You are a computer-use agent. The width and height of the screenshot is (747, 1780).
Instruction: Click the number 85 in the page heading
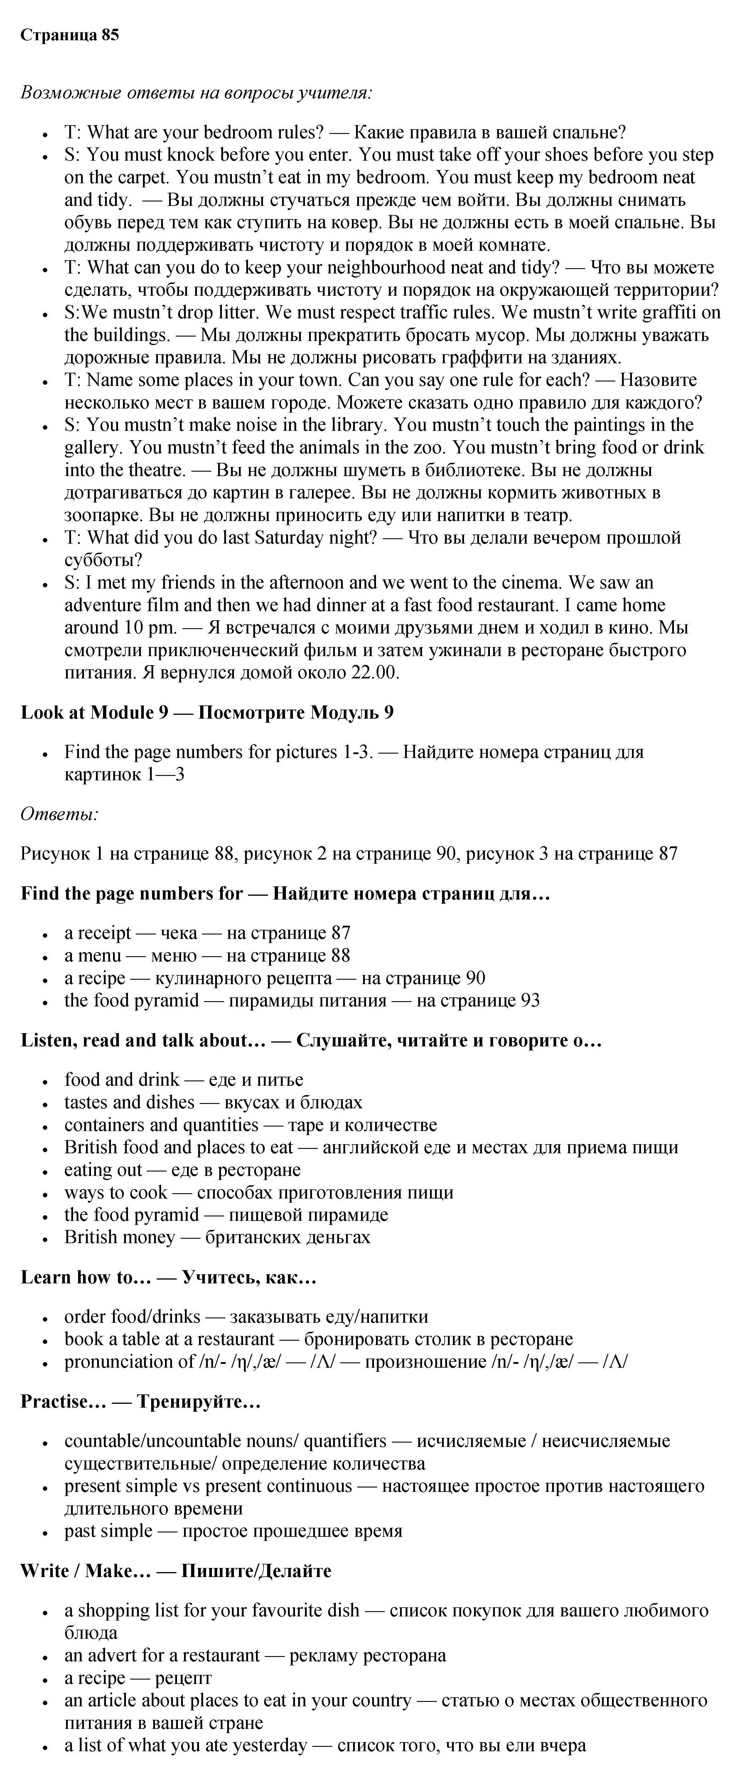coord(110,35)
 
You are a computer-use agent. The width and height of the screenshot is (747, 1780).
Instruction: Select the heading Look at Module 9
coord(95,712)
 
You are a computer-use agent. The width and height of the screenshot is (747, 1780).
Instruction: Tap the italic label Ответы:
coord(59,814)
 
